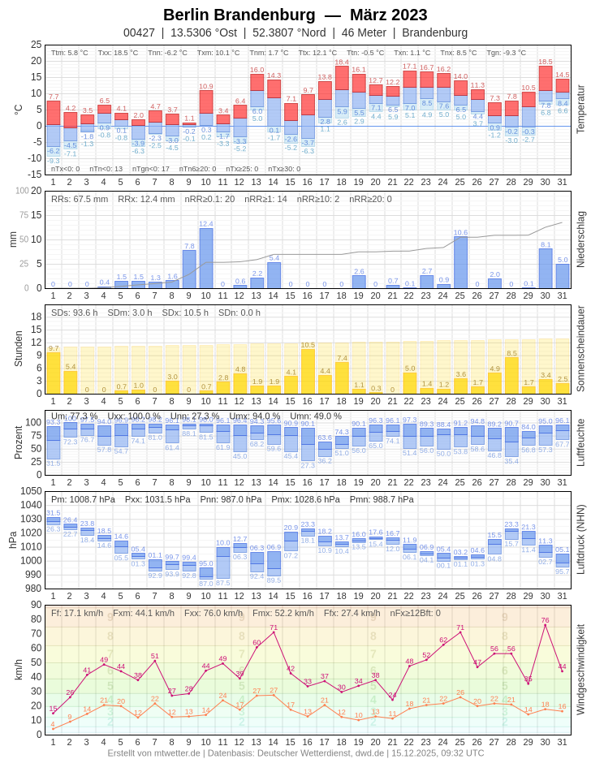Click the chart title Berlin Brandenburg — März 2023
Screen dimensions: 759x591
[295, 15]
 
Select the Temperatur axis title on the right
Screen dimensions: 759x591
[580, 109]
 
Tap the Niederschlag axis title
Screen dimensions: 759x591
[580, 239]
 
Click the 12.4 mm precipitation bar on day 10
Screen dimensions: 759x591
[206, 258]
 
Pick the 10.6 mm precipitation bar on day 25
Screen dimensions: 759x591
[460, 262]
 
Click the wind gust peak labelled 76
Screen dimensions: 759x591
[545, 624]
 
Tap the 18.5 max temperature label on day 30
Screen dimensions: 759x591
[545, 62]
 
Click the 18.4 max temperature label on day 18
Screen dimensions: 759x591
[342, 62]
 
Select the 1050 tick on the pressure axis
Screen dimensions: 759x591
[31, 491]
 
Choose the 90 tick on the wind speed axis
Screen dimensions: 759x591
[37, 605]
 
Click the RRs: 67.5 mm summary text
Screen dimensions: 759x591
[80, 199]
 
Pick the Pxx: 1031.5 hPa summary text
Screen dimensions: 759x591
[157, 499]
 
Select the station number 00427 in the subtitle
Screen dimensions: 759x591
[139, 32]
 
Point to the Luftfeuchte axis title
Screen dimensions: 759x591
[580, 442]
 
